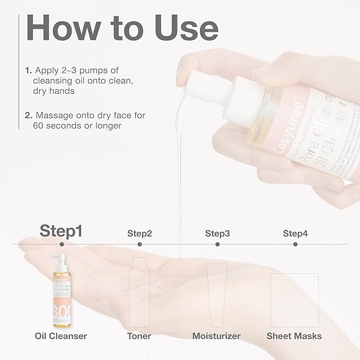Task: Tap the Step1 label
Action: (62, 231)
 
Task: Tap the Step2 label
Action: (139, 233)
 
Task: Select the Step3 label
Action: (217, 233)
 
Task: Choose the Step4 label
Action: (295, 233)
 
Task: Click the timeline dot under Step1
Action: (62, 244)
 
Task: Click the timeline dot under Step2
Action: (139, 244)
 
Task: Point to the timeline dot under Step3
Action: (217, 244)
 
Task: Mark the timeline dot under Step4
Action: (295, 244)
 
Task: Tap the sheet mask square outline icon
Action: (294, 300)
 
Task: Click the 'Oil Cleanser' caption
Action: (62, 336)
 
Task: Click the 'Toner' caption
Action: (139, 336)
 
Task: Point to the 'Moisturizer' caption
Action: (216, 336)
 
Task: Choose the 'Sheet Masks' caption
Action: (294, 336)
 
